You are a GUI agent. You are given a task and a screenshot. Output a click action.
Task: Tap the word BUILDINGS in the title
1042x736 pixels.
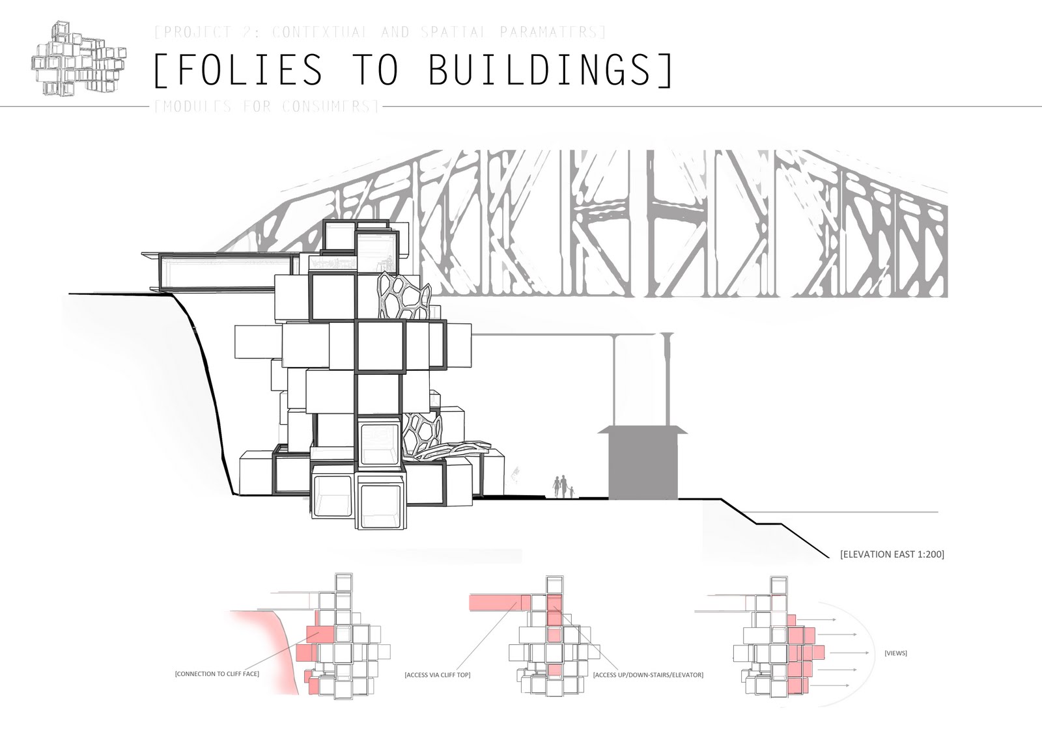[540, 70]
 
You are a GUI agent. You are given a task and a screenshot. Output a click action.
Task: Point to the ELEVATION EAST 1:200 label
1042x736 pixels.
[892, 554]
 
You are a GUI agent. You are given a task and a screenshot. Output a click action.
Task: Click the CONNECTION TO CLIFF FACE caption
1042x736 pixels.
[217, 674]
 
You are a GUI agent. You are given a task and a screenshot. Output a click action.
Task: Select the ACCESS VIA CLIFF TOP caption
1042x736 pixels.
[437, 675]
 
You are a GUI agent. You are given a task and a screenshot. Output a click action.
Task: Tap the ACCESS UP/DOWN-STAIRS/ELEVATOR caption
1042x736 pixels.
[648, 675]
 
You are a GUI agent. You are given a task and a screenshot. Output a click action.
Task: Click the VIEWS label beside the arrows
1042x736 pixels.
[896, 653]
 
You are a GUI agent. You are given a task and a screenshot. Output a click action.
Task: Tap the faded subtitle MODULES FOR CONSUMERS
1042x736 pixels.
[267, 106]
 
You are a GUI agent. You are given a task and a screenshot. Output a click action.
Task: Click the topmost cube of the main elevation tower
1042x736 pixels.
[341, 235]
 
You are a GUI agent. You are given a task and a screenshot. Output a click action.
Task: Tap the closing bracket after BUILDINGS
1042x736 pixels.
[666, 70]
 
